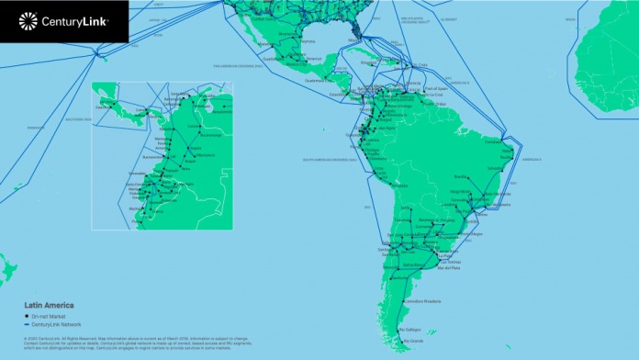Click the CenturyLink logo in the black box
click(63, 18)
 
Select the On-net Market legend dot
click(28, 315)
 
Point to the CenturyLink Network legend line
click(28, 323)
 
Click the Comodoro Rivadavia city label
click(426, 301)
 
